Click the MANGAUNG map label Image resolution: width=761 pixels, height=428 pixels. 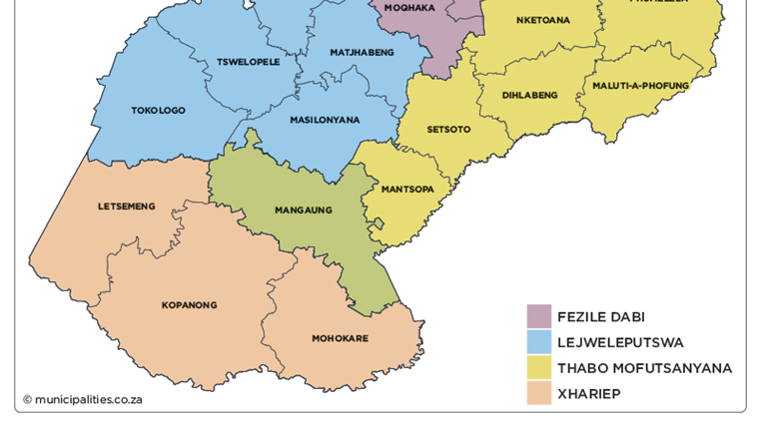303,211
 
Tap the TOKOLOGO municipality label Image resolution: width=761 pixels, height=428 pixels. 158,111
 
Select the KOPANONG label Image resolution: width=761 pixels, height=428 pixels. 189,305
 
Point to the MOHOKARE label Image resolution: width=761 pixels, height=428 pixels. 340,338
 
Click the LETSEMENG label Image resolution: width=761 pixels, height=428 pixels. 127,207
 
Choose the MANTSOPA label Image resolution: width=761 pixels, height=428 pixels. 407,189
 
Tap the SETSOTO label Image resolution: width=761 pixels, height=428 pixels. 448,130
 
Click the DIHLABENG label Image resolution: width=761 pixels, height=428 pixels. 530,96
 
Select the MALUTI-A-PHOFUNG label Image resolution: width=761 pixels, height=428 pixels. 640,86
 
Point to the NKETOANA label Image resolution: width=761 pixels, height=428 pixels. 543,20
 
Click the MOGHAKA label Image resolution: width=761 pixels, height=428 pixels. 410,7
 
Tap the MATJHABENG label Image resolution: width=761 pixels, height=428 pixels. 363,52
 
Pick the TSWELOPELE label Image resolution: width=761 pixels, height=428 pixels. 249,62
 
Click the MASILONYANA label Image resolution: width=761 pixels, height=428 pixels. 325,120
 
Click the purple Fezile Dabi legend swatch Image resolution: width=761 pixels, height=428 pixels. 539,316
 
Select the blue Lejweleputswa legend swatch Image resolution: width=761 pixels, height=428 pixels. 539,342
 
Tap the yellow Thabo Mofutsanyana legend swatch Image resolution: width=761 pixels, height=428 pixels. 539,368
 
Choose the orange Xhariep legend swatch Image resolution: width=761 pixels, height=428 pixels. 539,394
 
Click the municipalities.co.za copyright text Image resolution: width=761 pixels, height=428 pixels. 82,399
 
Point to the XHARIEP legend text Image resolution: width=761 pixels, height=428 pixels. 589,394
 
